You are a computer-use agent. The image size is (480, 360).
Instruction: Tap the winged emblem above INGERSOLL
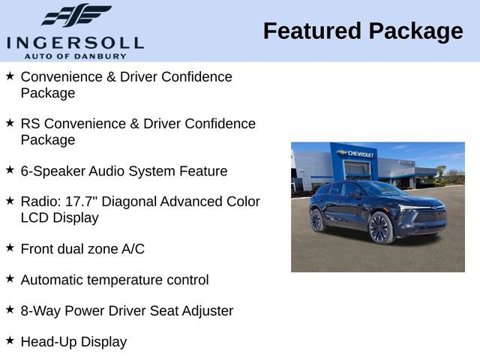pyautogui.click(x=76, y=15)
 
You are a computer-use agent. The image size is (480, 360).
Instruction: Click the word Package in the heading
pyautogui.click(x=415, y=31)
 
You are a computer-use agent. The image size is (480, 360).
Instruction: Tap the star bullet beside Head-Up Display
pyautogui.click(x=10, y=340)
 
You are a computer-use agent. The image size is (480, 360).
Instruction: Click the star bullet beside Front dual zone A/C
pyautogui.click(x=10, y=247)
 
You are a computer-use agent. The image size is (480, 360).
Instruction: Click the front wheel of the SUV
pyautogui.click(x=380, y=227)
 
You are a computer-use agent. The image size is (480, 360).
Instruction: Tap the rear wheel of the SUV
pyautogui.click(x=317, y=220)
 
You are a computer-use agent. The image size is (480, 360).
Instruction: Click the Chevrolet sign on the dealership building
pyautogui.click(x=357, y=153)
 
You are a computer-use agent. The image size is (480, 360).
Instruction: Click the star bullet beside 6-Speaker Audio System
pyautogui.click(x=10, y=169)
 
